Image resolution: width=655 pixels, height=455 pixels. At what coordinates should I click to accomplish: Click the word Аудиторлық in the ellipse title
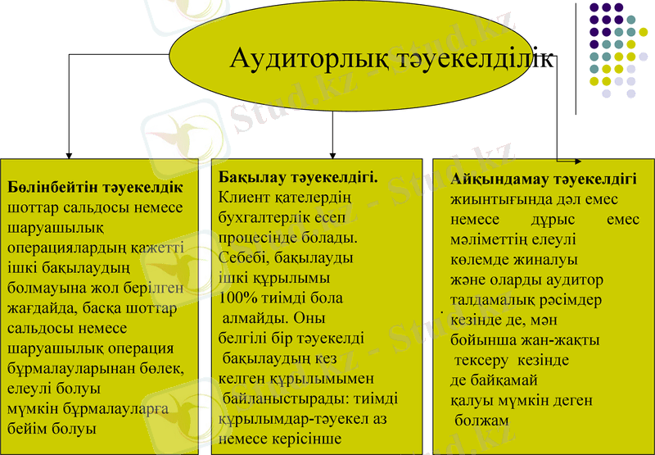296,59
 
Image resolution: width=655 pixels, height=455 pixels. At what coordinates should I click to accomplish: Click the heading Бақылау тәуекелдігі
298,176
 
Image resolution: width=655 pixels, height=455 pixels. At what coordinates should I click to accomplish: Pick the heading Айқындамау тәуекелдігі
544,180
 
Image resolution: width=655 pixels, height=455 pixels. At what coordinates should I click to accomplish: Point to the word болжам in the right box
482,421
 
